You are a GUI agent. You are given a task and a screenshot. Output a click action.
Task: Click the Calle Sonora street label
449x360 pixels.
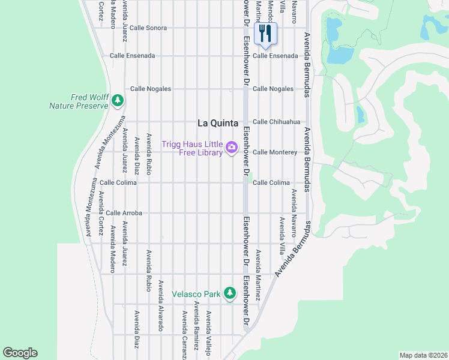click(148, 28)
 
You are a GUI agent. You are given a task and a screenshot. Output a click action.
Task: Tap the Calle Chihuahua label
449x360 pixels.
click(276, 122)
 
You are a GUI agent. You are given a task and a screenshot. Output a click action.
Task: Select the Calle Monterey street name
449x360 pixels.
click(275, 152)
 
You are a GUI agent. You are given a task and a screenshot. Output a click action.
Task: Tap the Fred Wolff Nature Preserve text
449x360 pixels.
click(79, 101)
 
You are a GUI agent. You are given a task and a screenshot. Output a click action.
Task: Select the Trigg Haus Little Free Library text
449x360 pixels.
click(192, 148)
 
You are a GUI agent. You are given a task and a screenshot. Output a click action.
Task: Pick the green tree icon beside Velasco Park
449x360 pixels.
click(229, 293)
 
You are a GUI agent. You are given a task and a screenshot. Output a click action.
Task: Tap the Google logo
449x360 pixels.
click(20, 353)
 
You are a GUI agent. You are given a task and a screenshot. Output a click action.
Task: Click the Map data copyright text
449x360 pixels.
click(423, 355)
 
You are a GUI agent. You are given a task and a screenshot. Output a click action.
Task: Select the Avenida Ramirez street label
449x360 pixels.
click(196, 324)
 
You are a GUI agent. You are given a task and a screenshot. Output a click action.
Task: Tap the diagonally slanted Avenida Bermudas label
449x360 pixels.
click(294, 249)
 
